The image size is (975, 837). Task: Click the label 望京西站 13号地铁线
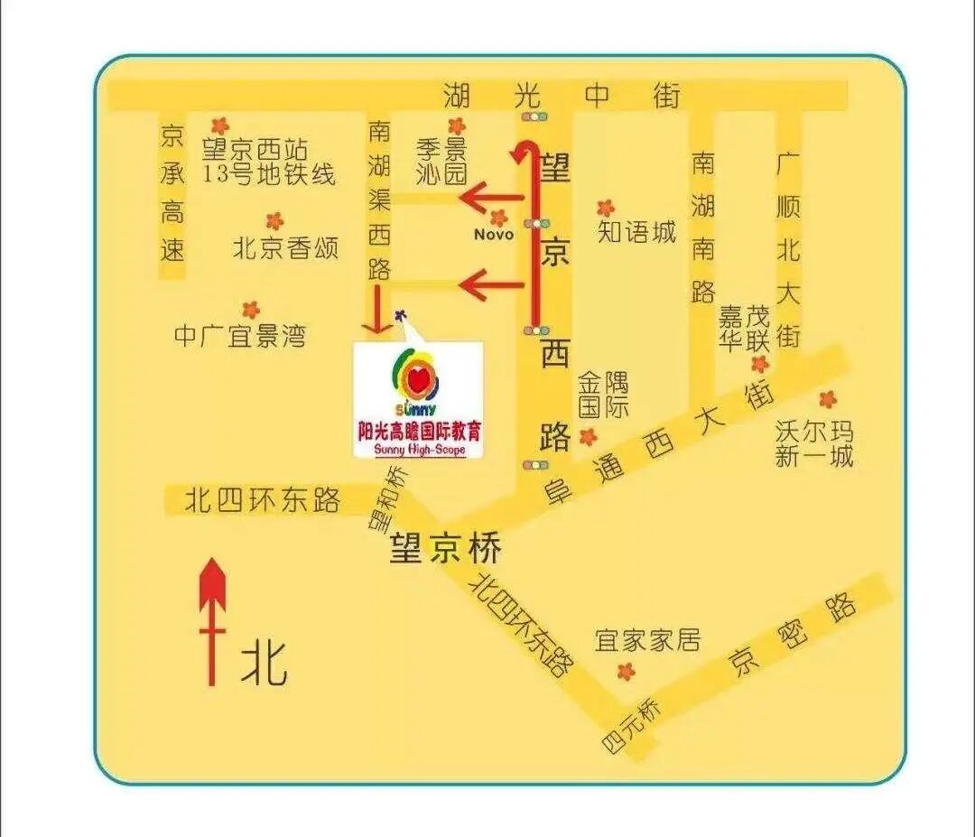coord(268,161)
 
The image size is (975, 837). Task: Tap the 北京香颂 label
coord(285,247)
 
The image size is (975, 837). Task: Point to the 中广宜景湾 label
coord(240,337)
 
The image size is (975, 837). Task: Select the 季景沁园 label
coord(441,161)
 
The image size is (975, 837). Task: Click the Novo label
coord(494,235)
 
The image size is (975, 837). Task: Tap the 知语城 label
coord(636,232)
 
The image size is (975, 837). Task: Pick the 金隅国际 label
coord(603,394)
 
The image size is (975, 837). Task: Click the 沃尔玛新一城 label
coord(813,442)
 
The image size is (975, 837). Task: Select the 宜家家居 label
coord(647,640)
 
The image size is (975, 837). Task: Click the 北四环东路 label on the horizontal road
coord(262,499)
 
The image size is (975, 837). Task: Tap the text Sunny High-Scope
coord(418,450)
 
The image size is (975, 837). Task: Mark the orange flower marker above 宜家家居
coord(626,671)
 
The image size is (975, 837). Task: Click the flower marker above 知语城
coord(605,208)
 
